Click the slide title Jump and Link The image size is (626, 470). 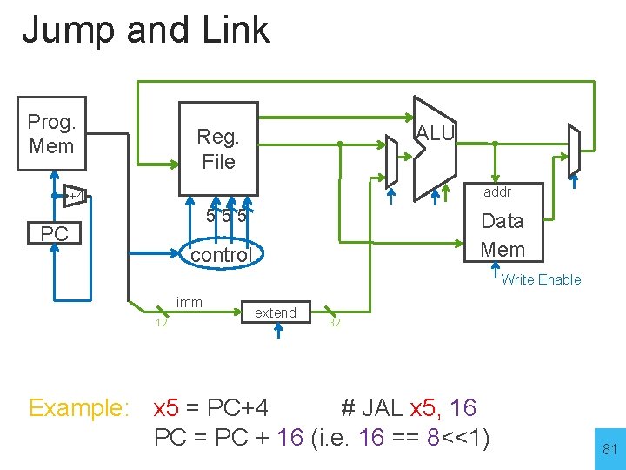click(145, 30)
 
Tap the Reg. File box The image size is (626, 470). click(217, 149)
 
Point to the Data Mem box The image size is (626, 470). click(503, 235)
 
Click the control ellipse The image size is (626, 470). click(221, 255)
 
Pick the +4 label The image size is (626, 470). click(77, 196)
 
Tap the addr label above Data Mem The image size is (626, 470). click(497, 191)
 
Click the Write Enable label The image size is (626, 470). click(541, 279)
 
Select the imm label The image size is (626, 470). click(189, 302)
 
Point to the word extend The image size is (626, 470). click(275, 312)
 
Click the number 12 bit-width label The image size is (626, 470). click(162, 323)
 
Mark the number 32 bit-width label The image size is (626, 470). click(334, 323)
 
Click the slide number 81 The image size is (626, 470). click(609, 449)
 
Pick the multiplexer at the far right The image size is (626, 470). click(574, 150)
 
